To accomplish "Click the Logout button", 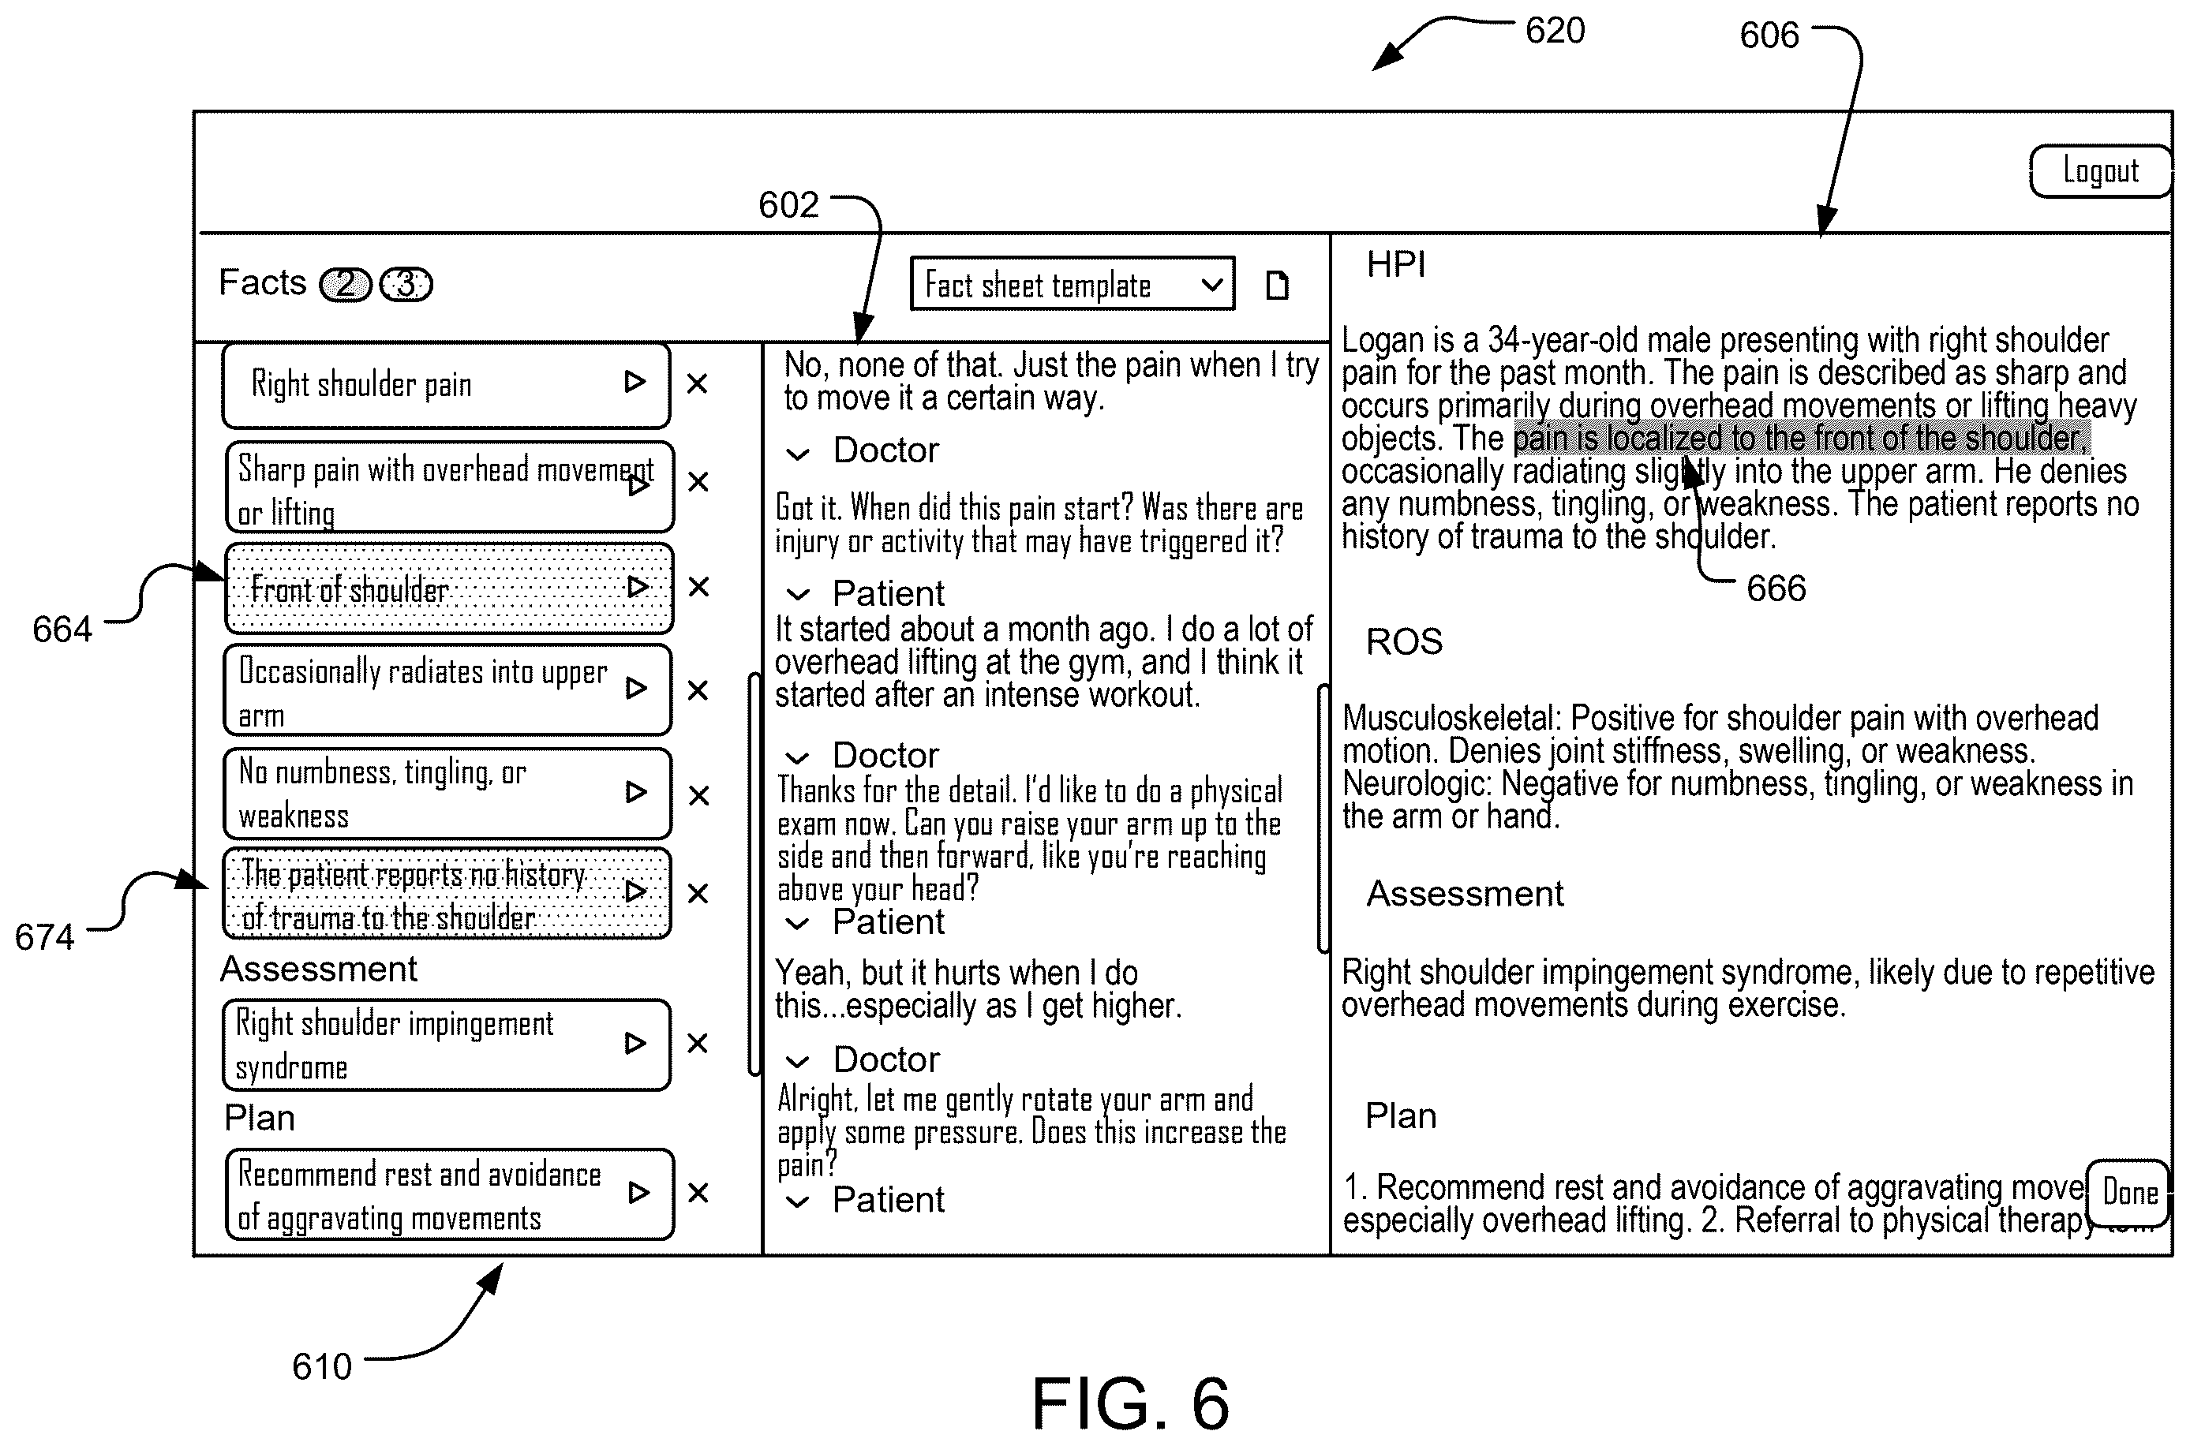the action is tap(2101, 171).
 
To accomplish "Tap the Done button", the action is tap(2129, 1193).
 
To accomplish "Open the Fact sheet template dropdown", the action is tap(1072, 284).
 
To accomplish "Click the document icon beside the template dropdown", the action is tap(1277, 285).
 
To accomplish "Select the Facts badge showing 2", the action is tap(345, 284).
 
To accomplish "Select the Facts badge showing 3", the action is tap(406, 284).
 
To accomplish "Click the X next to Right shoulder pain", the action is tap(698, 383).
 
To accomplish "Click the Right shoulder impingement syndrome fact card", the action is tap(447, 1044).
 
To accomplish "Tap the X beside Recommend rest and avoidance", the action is tap(698, 1193).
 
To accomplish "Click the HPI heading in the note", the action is tap(1396, 265).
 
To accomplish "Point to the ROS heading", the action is tap(1403, 642).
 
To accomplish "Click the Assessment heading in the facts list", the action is tap(318, 970).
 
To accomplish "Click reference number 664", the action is tap(62, 630).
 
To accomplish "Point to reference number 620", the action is tap(1555, 32).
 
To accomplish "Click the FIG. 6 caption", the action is tap(1130, 1403).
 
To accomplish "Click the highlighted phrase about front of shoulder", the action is tap(1801, 438).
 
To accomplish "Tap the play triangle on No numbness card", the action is tap(635, 792).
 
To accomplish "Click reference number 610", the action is tap(322, 1366).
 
